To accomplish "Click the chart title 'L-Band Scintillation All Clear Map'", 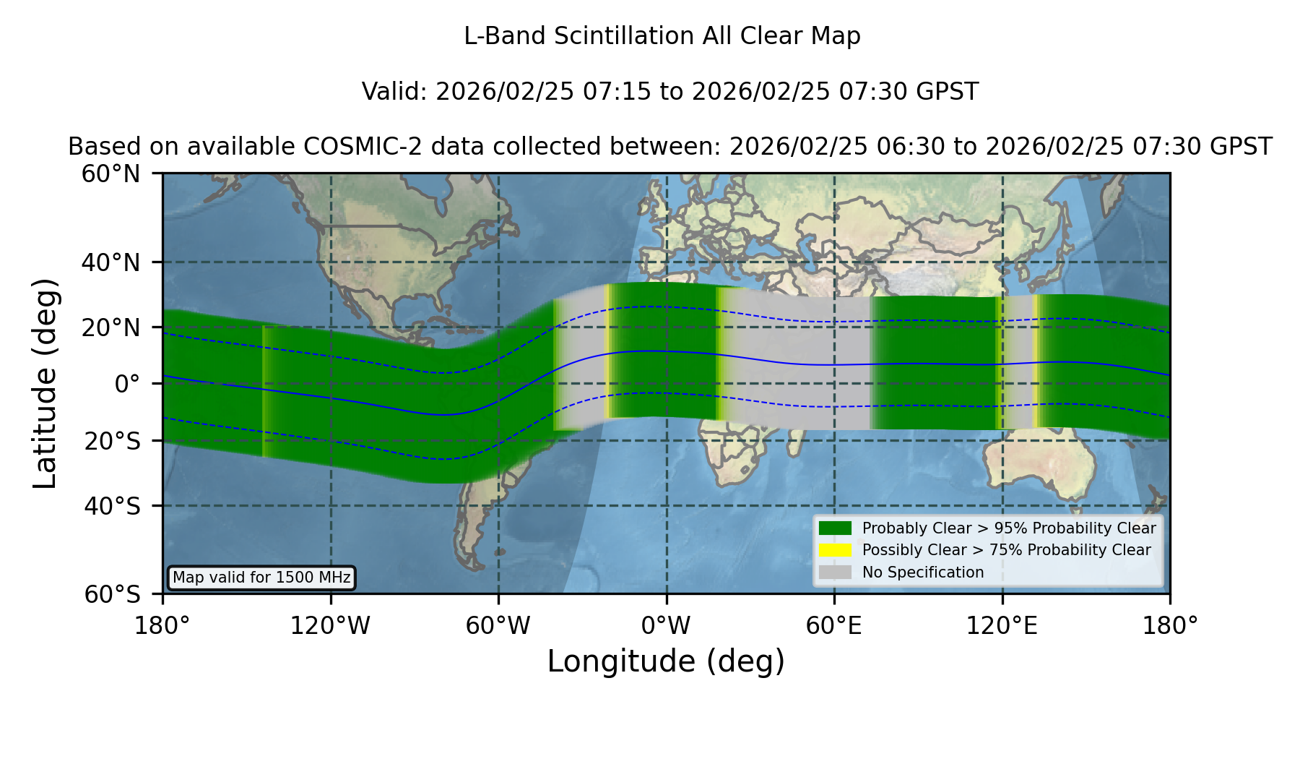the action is point(662,36).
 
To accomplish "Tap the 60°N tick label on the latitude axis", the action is point(111,174).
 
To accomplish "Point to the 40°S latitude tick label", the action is point(112,506).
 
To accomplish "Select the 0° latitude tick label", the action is point(127,384).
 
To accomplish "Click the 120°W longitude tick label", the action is point(330,626).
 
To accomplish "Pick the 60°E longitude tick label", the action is point(834,626).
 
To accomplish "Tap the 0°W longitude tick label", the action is point(666,626).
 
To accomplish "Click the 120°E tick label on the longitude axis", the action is point(1002,626).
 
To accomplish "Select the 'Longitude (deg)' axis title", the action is point(666,661).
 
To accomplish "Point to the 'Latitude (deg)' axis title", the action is point(45,383).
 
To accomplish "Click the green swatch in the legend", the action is point(835,528).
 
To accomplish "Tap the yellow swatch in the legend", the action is point(835,550).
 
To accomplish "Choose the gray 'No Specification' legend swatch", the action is point(835,573).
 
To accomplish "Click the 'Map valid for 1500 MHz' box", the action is point(261,578).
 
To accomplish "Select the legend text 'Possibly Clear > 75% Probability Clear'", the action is point(1007,550).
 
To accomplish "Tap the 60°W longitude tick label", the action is point(498,626).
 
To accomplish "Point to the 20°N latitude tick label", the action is point(111,327).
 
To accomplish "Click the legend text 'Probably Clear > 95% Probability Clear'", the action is point(1009,528).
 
